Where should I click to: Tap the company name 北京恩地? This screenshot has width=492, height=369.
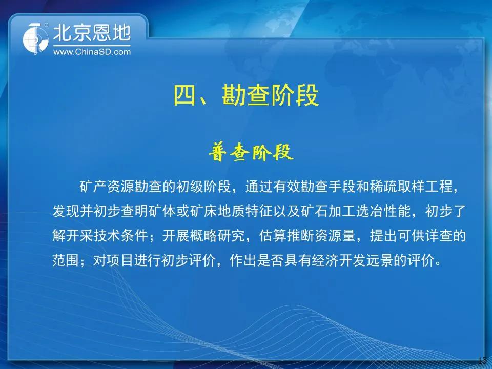[92, 33]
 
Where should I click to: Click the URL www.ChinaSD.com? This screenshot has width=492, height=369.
[92, 52]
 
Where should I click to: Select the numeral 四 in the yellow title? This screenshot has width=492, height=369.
[185, 95]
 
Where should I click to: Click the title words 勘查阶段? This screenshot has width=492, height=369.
[270, 95]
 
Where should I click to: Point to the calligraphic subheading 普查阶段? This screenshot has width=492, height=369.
[251, 153]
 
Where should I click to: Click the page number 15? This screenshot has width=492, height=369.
[483, 360]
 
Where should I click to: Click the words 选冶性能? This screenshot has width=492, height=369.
[383, 211]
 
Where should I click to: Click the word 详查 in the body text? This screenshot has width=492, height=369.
[439, 235]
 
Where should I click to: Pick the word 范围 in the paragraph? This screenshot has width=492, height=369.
[66, 260]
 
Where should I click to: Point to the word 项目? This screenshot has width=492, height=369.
[121, 260]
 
